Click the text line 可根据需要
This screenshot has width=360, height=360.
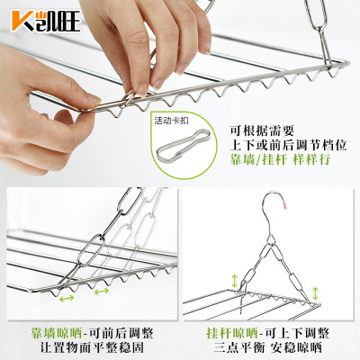[262, 130]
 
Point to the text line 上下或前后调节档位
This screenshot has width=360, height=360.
[288, 145]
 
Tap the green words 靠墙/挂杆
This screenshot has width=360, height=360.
[257, 159]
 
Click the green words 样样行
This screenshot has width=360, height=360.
[312, 159]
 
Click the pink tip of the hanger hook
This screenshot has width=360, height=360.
[283, 205]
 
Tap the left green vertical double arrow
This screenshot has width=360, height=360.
[234, 280]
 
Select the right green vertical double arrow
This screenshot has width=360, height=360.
[315, 293]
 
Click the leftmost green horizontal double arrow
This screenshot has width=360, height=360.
[67, 298]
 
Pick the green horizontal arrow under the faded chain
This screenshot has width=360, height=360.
[102, 291]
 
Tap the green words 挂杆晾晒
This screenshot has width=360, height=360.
[232, 333]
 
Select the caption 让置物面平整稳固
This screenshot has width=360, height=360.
[92, 348]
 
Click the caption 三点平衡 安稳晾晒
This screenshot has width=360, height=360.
[267, 348]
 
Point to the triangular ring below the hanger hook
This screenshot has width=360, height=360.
[271, 239]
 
